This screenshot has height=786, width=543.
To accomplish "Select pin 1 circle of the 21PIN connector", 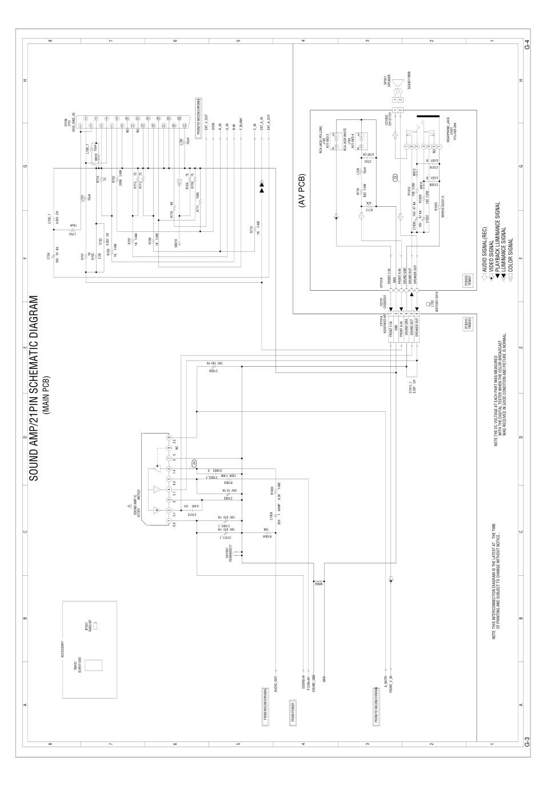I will click(x=82, y=125).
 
